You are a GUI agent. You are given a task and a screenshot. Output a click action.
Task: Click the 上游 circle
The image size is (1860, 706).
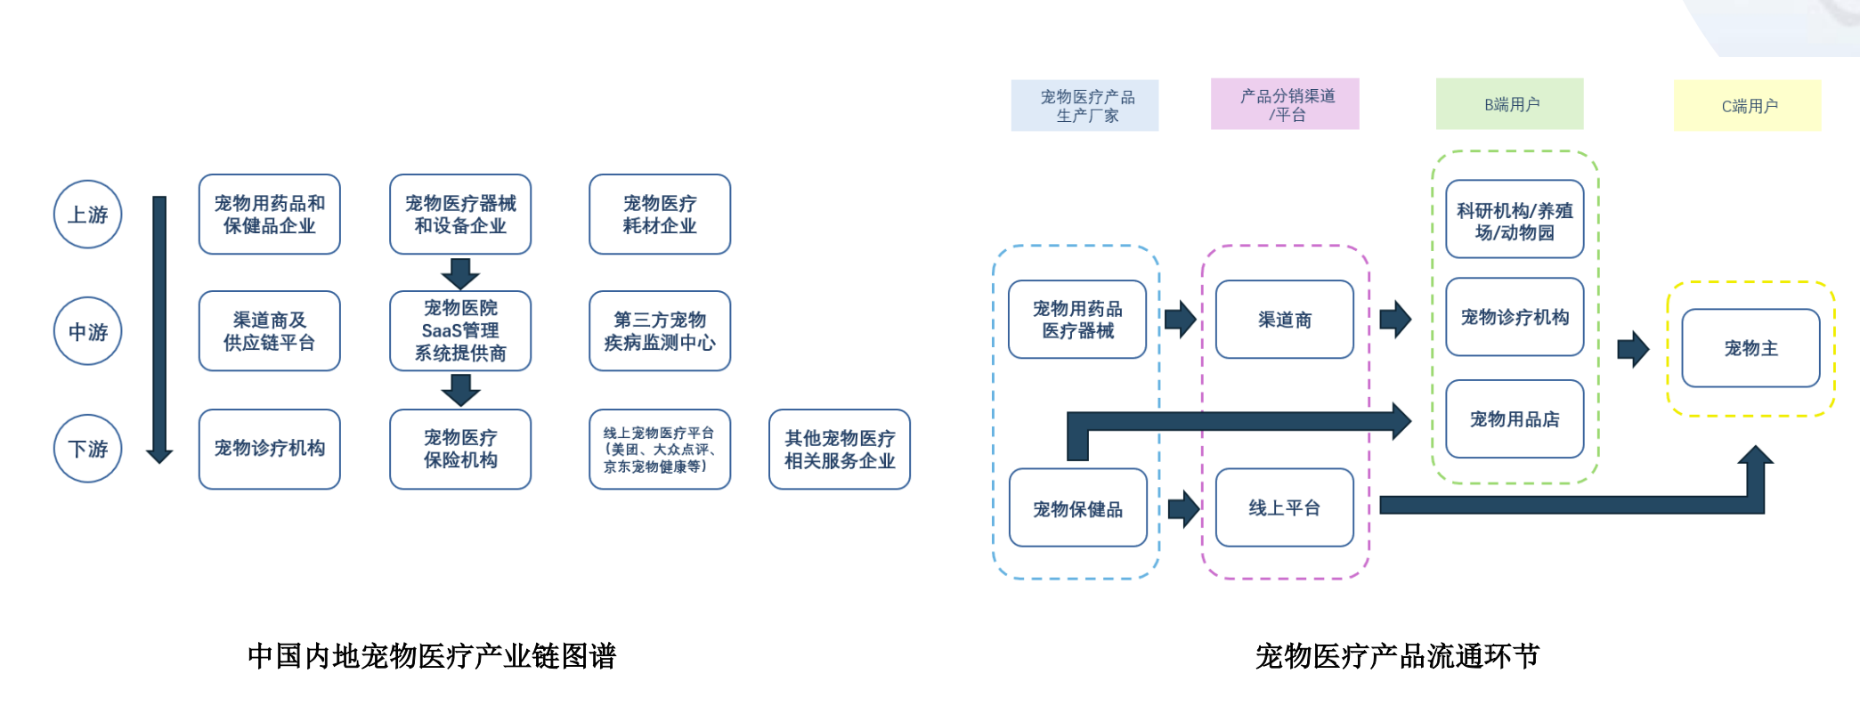click(x=87, y=215)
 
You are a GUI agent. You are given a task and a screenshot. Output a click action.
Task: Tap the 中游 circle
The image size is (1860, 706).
click(x=87, y=332)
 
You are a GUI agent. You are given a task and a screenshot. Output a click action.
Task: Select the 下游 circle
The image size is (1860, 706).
click(x=87, y=449)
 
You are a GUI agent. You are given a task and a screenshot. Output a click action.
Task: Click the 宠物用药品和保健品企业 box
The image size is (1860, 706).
click(x=269, y=215)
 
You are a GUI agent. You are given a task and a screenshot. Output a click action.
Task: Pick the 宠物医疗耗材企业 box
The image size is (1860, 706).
click(x=659, y=215)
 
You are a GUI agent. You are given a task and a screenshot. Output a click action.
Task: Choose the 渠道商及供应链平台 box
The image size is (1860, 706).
click(x=269, y=331)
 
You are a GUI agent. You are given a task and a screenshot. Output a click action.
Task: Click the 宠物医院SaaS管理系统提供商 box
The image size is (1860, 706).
click(x=459, y=331)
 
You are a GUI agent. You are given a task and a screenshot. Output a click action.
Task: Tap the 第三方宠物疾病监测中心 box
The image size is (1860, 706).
click(x=659, y=331)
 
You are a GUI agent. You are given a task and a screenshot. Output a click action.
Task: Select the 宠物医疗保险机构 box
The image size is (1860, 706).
click(x=459, y=449)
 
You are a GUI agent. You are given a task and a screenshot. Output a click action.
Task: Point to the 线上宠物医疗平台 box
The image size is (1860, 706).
click(x=659, y=449)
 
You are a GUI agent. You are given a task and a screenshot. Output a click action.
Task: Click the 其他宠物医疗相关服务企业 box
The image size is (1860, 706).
click(x=839, y=449)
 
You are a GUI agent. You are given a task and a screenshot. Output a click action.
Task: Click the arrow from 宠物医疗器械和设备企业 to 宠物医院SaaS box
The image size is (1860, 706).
click(x=459, y=273)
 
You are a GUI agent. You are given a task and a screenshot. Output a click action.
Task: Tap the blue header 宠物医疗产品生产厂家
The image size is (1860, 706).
click(x=1084, y=106)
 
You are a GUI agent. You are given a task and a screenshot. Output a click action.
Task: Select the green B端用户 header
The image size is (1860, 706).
click(x=1509, y=104)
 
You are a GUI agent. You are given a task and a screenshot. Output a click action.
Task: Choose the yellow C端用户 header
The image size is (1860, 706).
click(x=1747, y=106)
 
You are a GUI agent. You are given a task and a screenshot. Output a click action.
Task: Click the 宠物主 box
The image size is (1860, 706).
click(x=1750, y=348)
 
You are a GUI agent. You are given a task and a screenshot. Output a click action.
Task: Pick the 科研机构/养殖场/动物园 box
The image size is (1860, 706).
click(x=1514, y=220)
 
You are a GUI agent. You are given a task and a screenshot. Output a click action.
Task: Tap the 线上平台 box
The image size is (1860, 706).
click(x=1284, y=507)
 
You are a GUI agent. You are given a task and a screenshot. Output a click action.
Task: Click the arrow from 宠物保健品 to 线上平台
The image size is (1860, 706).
click(x=1183, y=508)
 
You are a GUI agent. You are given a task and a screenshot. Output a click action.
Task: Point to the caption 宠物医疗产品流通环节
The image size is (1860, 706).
click(x=1396, y=656)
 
